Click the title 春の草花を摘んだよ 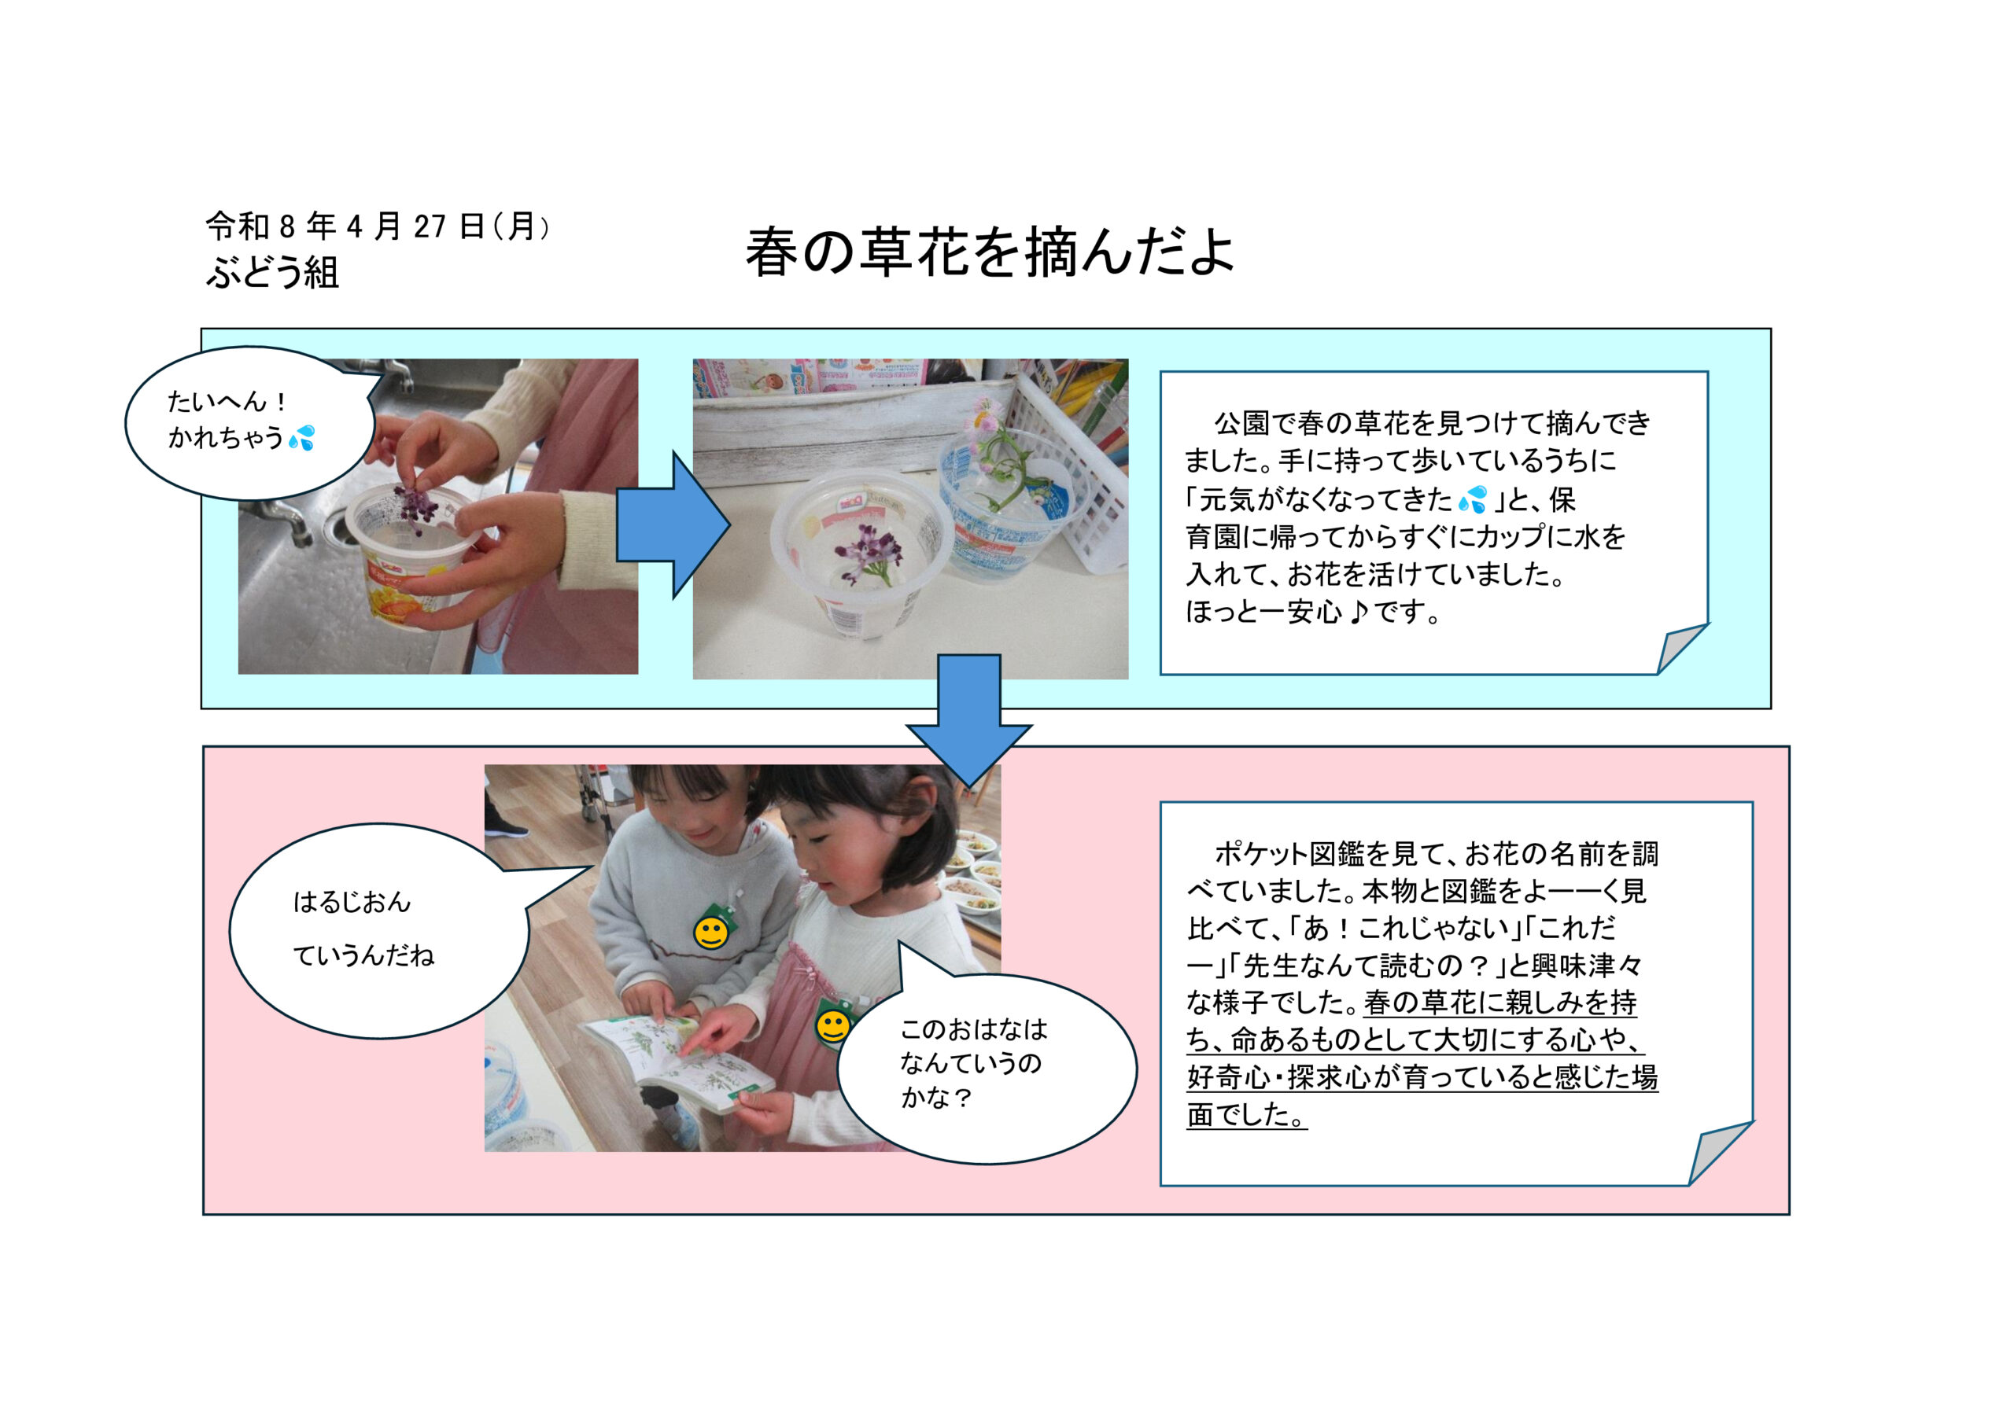coord(990,252)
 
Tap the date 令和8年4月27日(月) coord(378,226)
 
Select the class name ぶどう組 coord(272,272)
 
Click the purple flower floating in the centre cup coord(863,550)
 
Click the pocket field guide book coord(676,1064)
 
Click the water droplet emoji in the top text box coord(1473,499)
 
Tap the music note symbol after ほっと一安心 coord(1359,611)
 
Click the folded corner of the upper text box coord(1681,649)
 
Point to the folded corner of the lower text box coord(1719,1154)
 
